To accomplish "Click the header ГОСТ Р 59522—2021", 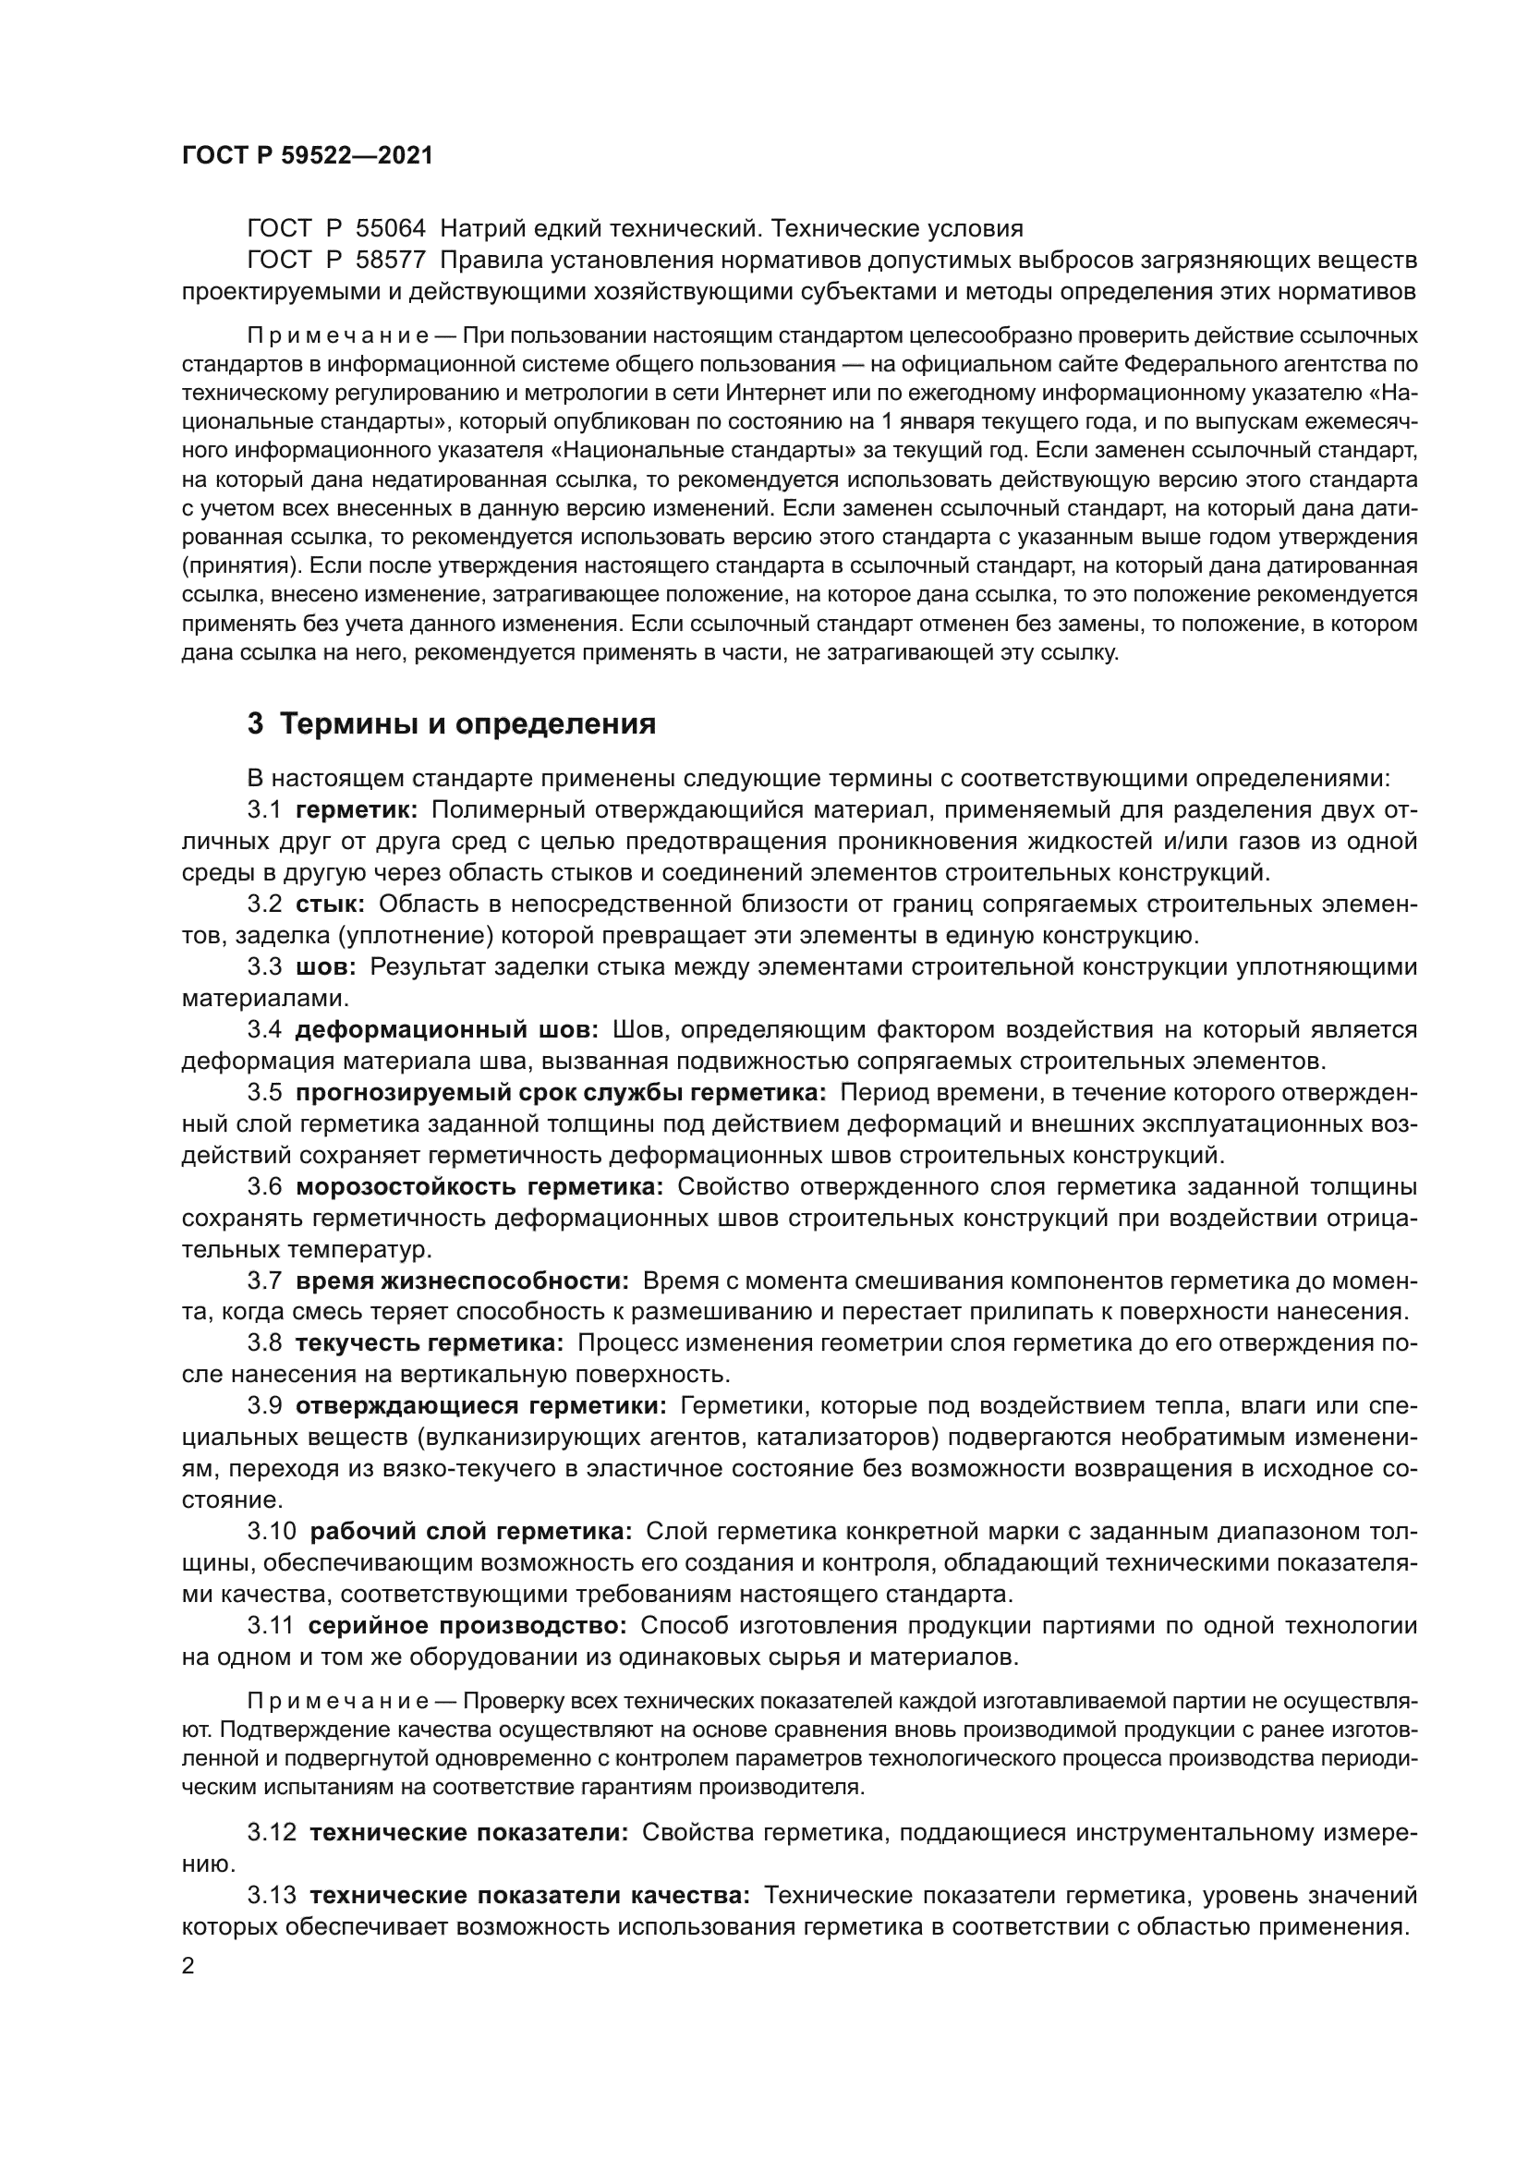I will pos(307,156).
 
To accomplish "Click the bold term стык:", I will pos(330,904).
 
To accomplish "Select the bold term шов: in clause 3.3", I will pos(325,966).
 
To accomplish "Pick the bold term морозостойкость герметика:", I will pos(479,1187).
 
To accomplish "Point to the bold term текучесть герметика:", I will pos(429,1343).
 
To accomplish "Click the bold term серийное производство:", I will pos(467,1625).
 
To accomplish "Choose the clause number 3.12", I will pos(272,1832).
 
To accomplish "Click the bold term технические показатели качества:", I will pos(529,1895).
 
